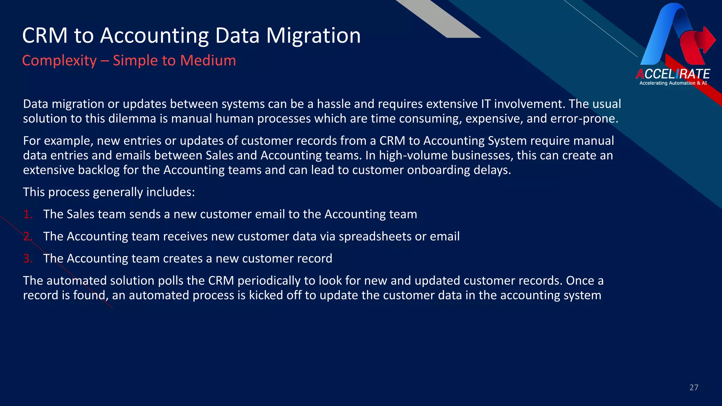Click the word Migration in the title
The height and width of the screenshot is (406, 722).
(313, 36)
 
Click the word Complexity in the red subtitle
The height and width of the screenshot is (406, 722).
(59, 61)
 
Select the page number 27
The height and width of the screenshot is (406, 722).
(694, 388)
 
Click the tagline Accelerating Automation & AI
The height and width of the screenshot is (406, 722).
(673, 83)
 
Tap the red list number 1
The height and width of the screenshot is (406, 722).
(27, 214)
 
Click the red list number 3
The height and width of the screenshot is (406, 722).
(27, 259)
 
